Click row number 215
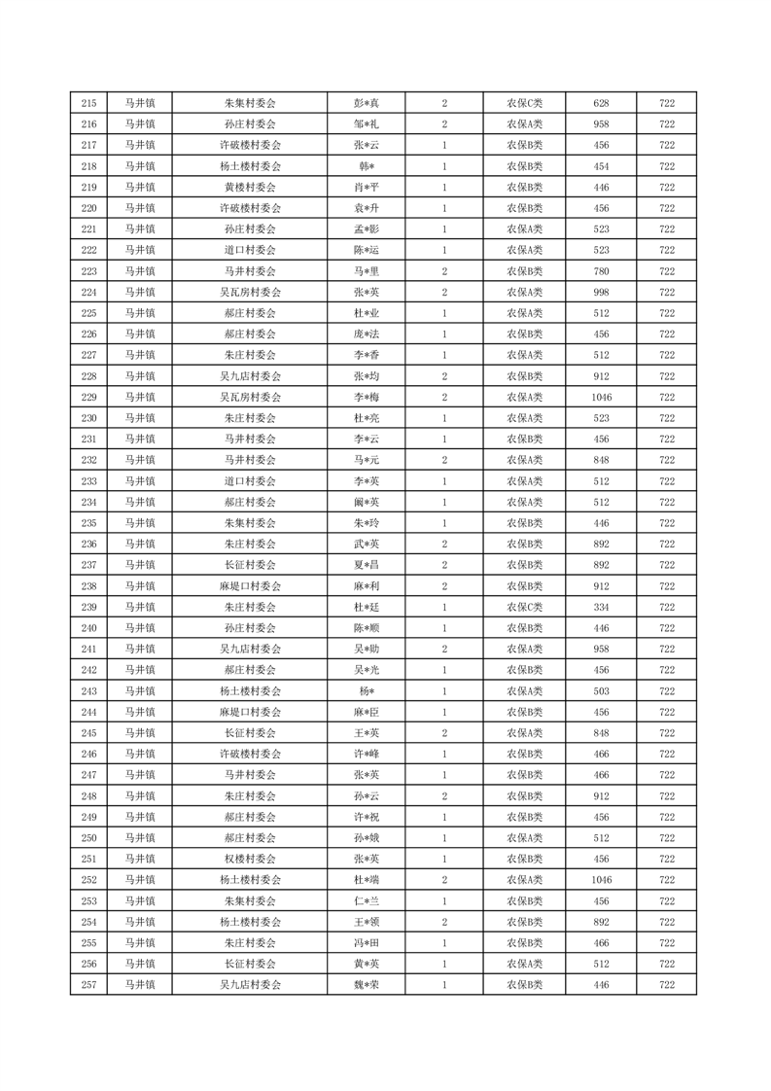click(x=89, y=103)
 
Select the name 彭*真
click(x=366, y=103)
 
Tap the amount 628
click(x=601, y=103)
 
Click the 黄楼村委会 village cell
click(x=250, y=188)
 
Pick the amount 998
click(x=601, y=293)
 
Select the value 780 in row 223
click(x=601, y=271)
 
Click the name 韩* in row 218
click(x=366, y=166)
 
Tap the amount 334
click(x=601, y=608)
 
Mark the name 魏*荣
click(x=366, y=985)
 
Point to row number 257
click(x=89, y=985)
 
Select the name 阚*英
click(x=366, y=503)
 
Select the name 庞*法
click(x=366, y=334)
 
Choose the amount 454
click(x=601, y=166)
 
